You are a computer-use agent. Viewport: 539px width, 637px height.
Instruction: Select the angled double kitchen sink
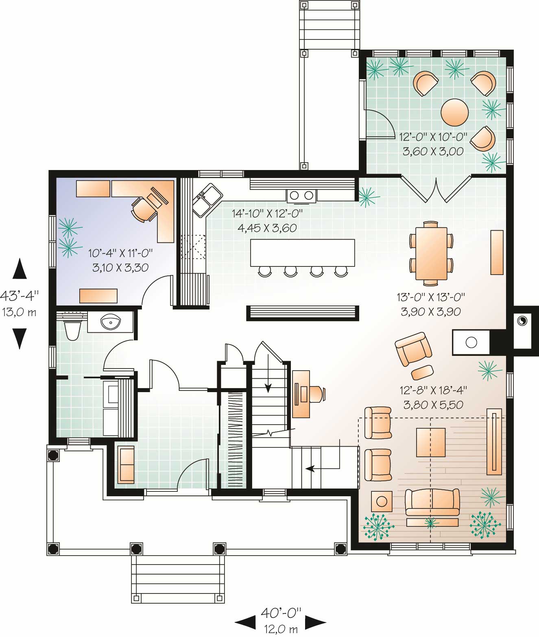207,199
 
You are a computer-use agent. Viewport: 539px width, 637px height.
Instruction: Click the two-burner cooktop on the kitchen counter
301,195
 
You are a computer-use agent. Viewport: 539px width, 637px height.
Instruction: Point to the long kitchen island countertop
302,253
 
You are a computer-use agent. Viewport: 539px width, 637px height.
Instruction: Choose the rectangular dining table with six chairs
431,253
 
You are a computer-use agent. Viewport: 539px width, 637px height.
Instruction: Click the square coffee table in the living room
431,442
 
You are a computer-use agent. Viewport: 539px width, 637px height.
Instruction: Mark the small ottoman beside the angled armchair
422,372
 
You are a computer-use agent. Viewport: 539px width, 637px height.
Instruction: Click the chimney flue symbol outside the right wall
522,321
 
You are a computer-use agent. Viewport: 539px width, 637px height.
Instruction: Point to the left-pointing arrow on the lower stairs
311,469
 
